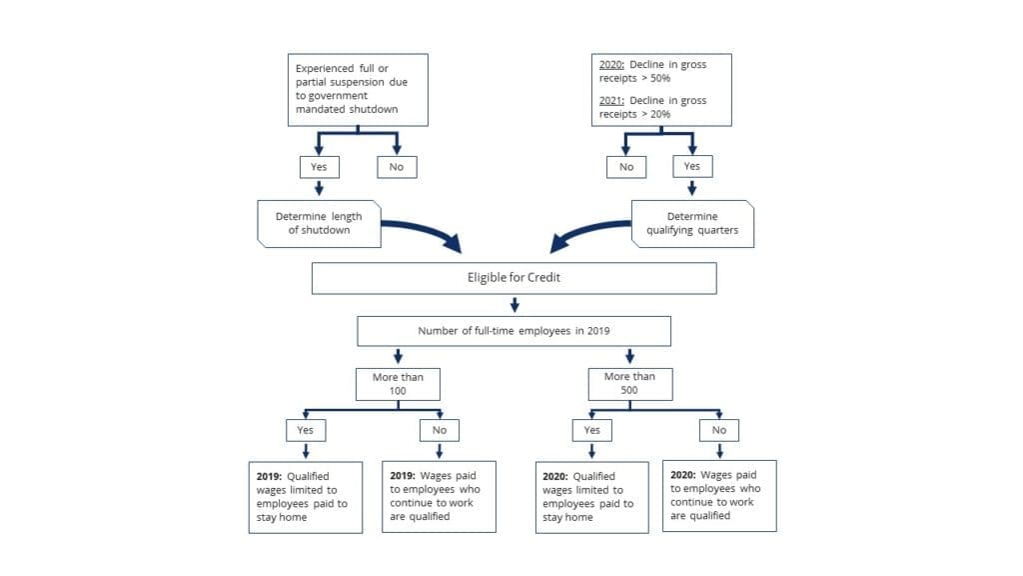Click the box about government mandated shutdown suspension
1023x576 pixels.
(x=358, y=89)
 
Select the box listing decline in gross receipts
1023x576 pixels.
(x=662, y=89)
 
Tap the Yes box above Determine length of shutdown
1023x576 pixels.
(x=319, y=167)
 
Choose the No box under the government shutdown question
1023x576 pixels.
(x=397, y=167)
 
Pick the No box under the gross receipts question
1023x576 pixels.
(x=626, y=167)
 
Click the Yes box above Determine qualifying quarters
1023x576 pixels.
(x=692, y=167)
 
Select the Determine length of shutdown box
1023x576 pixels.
(x=319, y=223)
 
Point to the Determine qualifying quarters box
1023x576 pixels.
(x=692, y=223)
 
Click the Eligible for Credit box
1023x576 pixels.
(x=513, y=278)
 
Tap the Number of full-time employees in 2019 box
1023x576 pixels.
(x=513, y=331)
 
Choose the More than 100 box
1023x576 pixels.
(x=399, y=384)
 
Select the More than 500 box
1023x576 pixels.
(x=629, y=384)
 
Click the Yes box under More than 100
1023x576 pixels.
(x=306, y=430)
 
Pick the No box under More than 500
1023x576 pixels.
(x=719, y=430)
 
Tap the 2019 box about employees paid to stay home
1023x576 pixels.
(x=306, y=497)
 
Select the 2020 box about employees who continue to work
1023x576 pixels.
(x=719, y=495)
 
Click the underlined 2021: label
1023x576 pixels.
(x=612, y=101)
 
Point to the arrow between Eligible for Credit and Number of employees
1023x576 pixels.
(x=513, y=304)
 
